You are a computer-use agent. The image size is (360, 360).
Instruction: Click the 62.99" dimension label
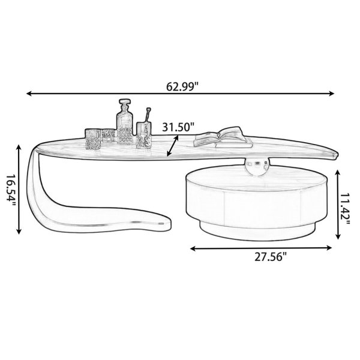(182, 86)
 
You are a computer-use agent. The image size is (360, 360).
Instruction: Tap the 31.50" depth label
(178, 127)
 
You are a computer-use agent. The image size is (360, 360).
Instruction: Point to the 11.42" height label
(345, 209)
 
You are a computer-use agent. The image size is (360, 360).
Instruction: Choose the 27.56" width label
(271, 257)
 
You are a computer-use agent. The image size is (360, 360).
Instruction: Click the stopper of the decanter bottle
(125, 103)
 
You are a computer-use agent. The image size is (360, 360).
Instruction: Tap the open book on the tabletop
(223, 137)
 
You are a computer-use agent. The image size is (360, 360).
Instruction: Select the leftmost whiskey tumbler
(93, 139)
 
